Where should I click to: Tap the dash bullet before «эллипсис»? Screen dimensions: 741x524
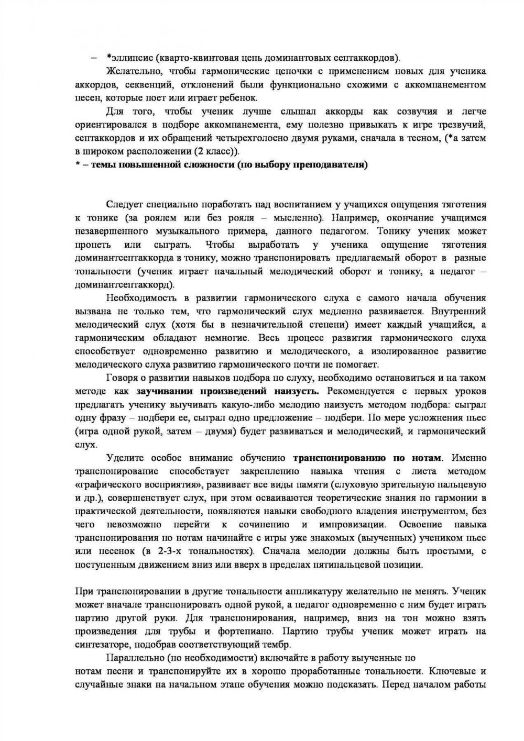click(94, 57)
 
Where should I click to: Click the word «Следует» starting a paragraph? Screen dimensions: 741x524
click(125, 204)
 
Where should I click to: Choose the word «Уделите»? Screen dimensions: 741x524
click(124, 458)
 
